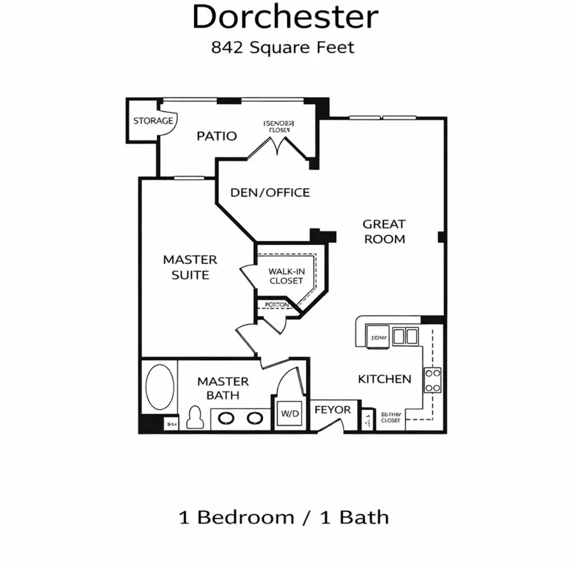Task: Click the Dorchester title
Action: [x=285, y=18]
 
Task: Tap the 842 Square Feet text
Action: [x=283, y=47]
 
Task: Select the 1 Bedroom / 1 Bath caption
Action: [x=284, y=517]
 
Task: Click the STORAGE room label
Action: [x=152, y=121]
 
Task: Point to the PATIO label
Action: [x=216, y=136]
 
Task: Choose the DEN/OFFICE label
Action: [x=270, y=193]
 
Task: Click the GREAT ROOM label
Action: [x=384, y=232]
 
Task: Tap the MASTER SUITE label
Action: [x=190, y=267]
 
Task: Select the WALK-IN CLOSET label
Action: [x=286, y=276]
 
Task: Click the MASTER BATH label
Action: [x=223, y=388]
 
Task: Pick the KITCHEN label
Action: [x=384, y=379]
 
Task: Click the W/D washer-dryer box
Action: [x=290, y=413]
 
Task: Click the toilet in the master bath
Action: [x=197, y=418]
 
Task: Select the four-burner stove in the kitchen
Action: [x=433, y=380]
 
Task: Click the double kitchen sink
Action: [x=404, y=336]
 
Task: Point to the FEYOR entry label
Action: [x=332, y=410]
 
